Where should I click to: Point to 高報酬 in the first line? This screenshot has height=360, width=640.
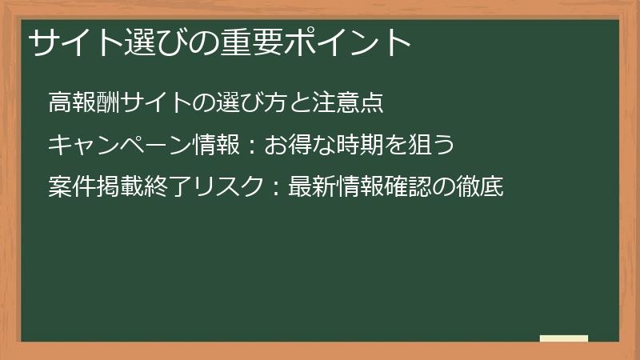[86, 103]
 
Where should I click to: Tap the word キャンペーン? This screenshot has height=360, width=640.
[121, 146]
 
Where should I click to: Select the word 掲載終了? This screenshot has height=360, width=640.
[146, 188]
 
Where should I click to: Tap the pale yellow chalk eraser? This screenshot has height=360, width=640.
[563, 339]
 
